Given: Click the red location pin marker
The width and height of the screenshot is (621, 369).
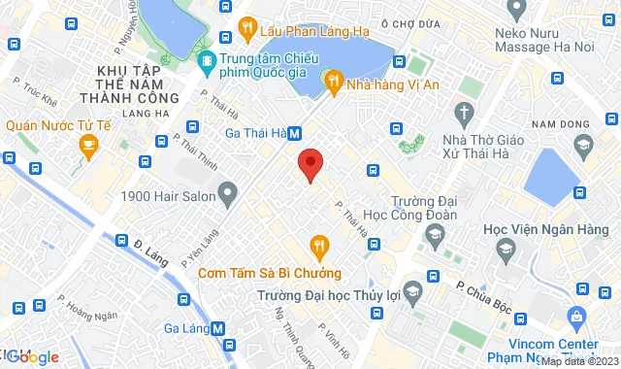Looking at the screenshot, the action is click(x=310, y=164).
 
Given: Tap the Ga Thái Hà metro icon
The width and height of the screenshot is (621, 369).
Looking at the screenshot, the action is click(x=294, y=134).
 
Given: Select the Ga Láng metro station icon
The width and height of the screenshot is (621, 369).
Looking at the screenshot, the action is click(x=218, y=328).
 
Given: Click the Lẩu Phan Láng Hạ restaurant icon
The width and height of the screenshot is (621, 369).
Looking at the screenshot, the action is click(x=247, y=29).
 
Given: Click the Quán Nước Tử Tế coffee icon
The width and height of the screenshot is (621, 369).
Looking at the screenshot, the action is click(x=89, y=148).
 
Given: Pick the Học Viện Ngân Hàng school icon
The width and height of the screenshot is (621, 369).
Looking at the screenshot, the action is click(x=505, y=253).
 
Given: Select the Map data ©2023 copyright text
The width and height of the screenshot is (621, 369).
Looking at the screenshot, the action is click(x=580, y=362).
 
